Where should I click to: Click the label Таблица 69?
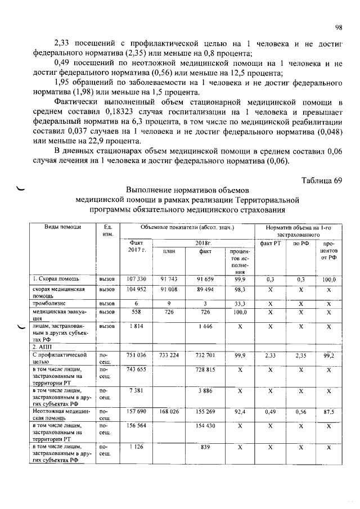click(321, 180)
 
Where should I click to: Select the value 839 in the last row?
click(205, 447)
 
